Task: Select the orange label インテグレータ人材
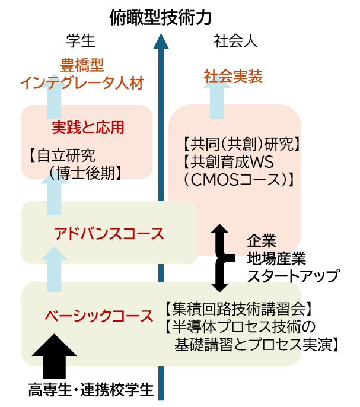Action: (82, 83)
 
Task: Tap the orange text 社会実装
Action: (233, 77)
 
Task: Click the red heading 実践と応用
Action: (88, 128)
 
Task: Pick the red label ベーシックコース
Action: (99, 316)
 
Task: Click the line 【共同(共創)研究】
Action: (240, 144)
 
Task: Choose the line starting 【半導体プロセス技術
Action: (232, 327)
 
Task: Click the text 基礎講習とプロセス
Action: (238, 345)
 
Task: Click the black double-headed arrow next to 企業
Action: (220, 258)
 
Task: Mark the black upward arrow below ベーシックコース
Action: (54, 346)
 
